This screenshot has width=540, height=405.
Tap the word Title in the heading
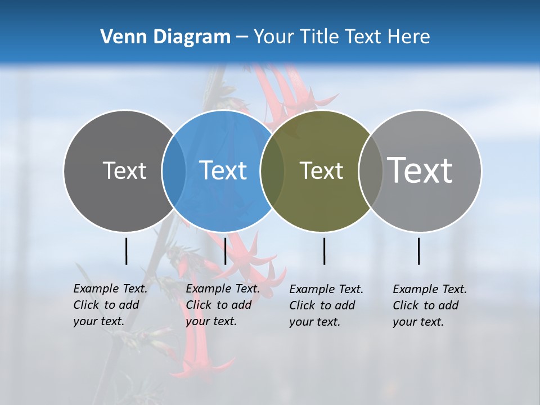pos(319,37)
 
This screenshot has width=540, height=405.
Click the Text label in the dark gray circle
pos(124,170)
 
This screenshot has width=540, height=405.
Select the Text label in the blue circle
pos(223,170)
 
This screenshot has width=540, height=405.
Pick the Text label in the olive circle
pos(321,170)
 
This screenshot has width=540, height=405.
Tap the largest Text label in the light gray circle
pos(420,170)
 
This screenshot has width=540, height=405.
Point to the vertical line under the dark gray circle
pos(127,251)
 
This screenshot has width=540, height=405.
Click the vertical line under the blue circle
pos(225,251)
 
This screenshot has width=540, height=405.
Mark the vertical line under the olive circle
pos(325,251)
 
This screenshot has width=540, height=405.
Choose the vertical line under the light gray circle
pos(419,251)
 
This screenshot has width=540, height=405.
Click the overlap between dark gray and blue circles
pos(174,171)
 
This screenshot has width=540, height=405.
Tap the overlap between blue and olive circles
pos(272,171)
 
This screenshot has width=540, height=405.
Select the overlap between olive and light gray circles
pos(370,171)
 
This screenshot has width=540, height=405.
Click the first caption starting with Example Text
pos(110,305)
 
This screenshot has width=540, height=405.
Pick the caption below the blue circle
pos(223,305)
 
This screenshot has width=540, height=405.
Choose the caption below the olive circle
pos(326,305)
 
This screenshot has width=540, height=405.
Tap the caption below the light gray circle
pos(430,305)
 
